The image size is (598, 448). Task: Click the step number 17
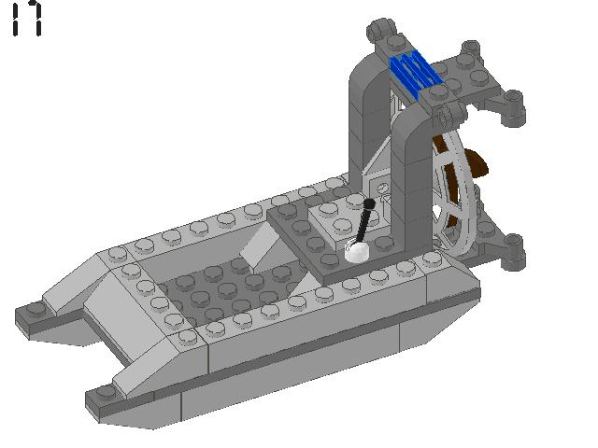click(x=27, y=19)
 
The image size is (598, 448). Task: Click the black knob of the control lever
click(x=370, y=203)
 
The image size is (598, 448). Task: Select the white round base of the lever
click(x=358, y=250)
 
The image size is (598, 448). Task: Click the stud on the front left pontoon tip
click(x=36, y=309)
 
